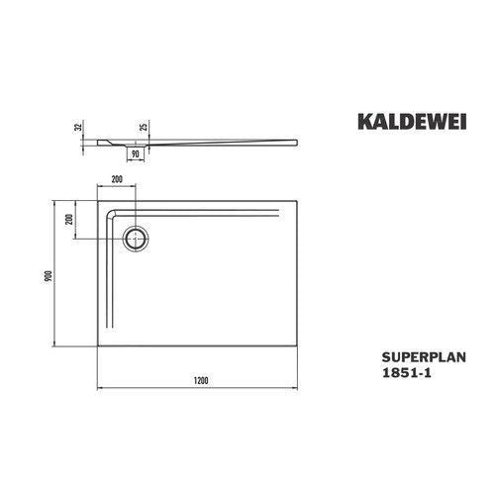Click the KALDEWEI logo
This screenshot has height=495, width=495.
coord(412,122)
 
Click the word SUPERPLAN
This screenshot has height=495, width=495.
coord(424,357)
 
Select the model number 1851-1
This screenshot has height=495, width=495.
coord(406,372)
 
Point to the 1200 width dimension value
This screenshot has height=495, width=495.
coord(201,381)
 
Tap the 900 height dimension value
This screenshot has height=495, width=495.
coord(49,276)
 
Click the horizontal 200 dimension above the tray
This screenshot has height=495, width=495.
coord(117,179)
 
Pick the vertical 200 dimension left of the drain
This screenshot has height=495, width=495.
coord(69,219)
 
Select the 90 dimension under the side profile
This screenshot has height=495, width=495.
coord(136,153)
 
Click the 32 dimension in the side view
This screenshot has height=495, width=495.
coord(78,127)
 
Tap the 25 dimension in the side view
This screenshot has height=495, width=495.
coord(145,127)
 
